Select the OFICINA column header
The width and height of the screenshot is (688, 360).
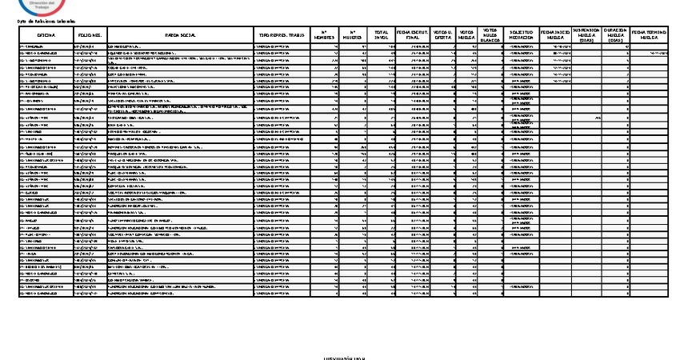[45, 36]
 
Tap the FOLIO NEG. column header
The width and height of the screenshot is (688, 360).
[89, 36]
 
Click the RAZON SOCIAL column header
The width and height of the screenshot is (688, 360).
[177, 36]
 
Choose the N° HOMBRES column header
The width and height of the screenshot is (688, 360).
[324, 36]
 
